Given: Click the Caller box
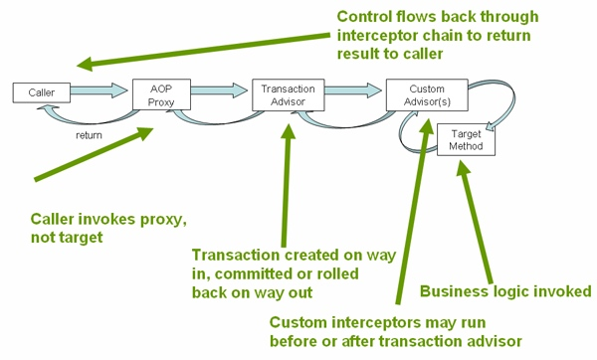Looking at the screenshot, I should click(42, 92).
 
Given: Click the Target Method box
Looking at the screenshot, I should click(466, 139).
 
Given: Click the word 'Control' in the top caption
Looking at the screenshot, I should click(367, 17).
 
